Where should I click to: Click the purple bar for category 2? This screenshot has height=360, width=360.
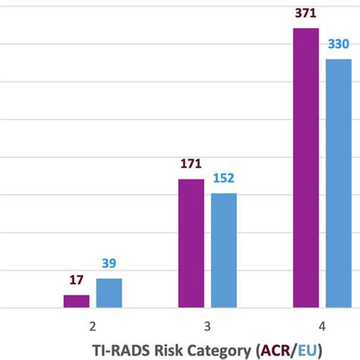[76, 302]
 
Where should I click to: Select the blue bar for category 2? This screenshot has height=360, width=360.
[109, 293]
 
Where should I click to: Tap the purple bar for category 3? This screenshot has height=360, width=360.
[191, 244]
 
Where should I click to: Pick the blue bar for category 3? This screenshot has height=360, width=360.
[223, 251]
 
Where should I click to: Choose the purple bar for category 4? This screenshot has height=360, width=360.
[305, 168]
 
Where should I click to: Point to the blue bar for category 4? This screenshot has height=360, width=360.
[339, 183]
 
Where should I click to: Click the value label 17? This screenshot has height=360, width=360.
[76, 281]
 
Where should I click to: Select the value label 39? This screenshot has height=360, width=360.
[109, 264]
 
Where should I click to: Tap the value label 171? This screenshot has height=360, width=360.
[191, 164]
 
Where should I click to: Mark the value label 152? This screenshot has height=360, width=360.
[223, 178]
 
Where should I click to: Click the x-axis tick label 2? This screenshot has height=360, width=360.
[93, 326]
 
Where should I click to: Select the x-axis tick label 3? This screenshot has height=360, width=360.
[207, 326]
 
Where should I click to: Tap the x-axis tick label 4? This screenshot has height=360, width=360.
[322, 326]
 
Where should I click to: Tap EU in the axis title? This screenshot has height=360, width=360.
[307, 349]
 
